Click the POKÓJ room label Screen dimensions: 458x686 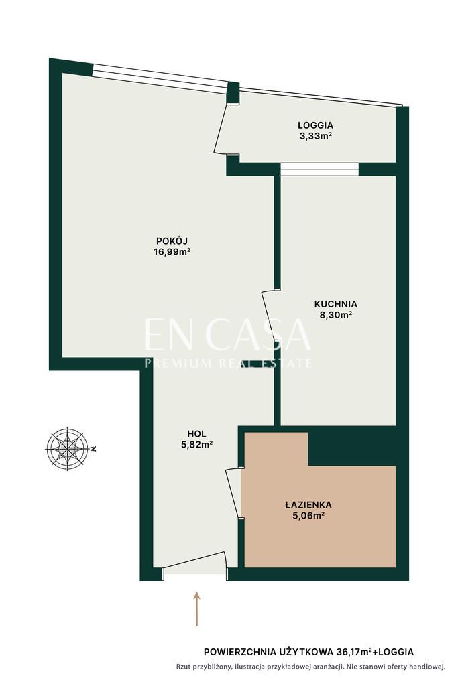coord(172,241)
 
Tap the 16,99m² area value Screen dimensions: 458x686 coord(172,252)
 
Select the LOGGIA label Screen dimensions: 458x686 coord(315,125)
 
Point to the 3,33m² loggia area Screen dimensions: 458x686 coord(315,136)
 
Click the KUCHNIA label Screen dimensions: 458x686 coord(336,303)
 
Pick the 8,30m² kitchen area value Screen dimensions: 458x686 coord(336,315)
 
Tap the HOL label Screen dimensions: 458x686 coord(196,434)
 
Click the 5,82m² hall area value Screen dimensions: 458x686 coord(196,445)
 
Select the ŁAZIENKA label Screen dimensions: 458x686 coord(308,505)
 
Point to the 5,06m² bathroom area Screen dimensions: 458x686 coord(308,516)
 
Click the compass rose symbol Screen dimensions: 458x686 coord(68,448)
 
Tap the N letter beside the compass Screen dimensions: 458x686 coord(93,449)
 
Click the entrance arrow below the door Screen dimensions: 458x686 coord(197,608)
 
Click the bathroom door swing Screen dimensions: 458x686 coord(234,493)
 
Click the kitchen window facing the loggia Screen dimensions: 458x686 coord(319,169)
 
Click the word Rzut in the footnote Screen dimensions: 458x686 coord(183,667)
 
